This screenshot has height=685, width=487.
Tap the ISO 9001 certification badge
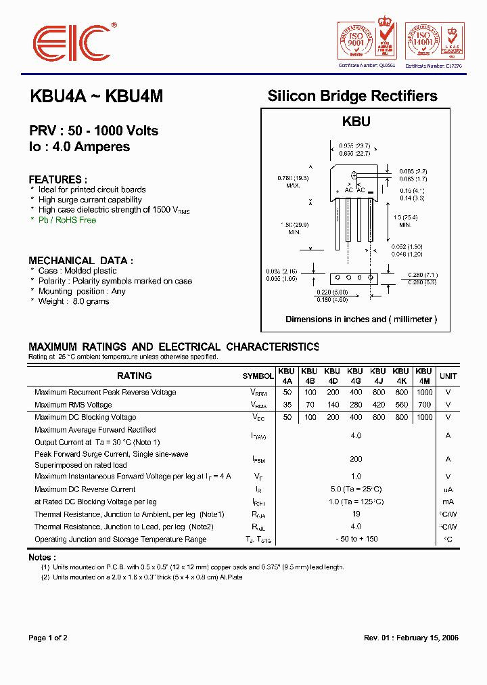366,41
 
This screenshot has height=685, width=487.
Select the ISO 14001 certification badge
433,41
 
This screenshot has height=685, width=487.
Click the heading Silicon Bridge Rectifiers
352,96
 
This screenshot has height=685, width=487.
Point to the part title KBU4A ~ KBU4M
97,97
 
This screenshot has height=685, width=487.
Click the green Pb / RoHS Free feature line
67,220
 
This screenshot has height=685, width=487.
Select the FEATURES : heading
57,179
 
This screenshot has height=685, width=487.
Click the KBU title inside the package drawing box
356,122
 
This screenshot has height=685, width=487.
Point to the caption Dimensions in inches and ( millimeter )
361,319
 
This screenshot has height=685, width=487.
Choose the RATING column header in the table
134,376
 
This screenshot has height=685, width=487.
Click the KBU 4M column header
423,376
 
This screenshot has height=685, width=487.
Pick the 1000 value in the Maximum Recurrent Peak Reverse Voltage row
424,393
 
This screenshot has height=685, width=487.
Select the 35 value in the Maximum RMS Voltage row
287,405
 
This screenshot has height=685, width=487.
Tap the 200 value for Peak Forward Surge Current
356,459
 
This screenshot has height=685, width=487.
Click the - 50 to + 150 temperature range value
356,539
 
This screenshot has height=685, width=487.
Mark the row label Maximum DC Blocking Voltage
85,418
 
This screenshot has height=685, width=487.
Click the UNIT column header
448,376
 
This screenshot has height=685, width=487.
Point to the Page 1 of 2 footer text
48,638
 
